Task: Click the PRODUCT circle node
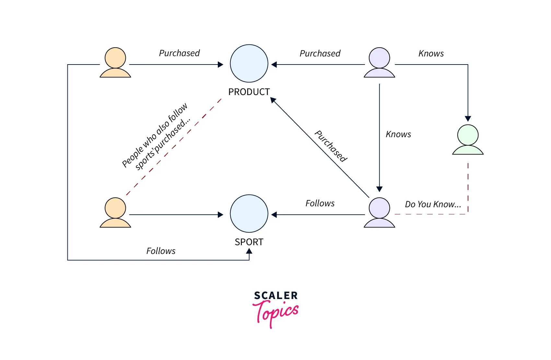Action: (x=249, y=63)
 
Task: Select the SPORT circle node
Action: (x=249, y=213)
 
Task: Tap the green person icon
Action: (x=468, y=140)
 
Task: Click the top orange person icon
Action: (x=115, y=63)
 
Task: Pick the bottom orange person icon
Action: (x=115, y=212)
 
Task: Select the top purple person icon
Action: (x=379, y=63)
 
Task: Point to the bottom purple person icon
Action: (x=379, y=212)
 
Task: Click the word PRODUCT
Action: (x=249, y=92)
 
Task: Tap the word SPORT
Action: (x=249, y=242)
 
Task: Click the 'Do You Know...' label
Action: (x=433, y=204)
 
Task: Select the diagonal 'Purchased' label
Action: (x=331, y=146)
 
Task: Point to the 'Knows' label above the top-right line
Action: (x=431, y=54)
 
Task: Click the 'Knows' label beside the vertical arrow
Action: (x=398, y=134)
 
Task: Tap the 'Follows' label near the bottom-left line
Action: (x=161, y=251)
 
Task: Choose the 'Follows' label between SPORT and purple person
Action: (x=320, y=203)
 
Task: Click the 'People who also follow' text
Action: (x=154, y=135)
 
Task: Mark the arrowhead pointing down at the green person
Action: (x=468, y=119)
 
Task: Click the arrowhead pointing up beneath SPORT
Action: (x=249, y=251)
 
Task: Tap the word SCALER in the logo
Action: (x=276, y=295)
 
